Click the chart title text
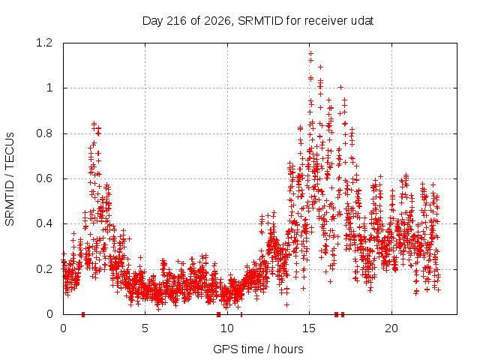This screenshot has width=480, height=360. (x=258, y=21)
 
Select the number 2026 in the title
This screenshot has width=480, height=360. (x=217, y=21)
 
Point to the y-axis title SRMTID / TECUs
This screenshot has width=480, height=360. (x=10, y=179)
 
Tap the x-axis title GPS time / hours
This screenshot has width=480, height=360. (x=258, y=349)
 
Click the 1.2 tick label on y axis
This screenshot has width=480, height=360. (x=44, y=43)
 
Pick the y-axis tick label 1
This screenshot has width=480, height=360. (x=49, y=88)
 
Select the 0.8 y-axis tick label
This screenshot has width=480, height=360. (x=44, y=133)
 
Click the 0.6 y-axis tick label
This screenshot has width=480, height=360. (x=44, y=178)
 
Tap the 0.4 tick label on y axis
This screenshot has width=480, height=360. (x=44, y=223)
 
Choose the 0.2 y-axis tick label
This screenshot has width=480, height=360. (x=44, y=269)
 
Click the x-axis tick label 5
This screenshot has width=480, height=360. (x=145, y=328)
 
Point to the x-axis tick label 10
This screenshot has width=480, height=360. (x=227, y=328)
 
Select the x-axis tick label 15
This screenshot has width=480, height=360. (x=309, y=328)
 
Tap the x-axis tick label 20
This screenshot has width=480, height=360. (x=391, y=328)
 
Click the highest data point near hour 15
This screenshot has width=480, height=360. (x=310, y=54)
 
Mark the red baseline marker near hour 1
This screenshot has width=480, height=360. (x=83, y=314)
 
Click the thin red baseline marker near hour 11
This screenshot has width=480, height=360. (x=241, y=314)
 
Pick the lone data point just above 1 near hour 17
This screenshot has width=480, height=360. (x=340, y=87)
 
